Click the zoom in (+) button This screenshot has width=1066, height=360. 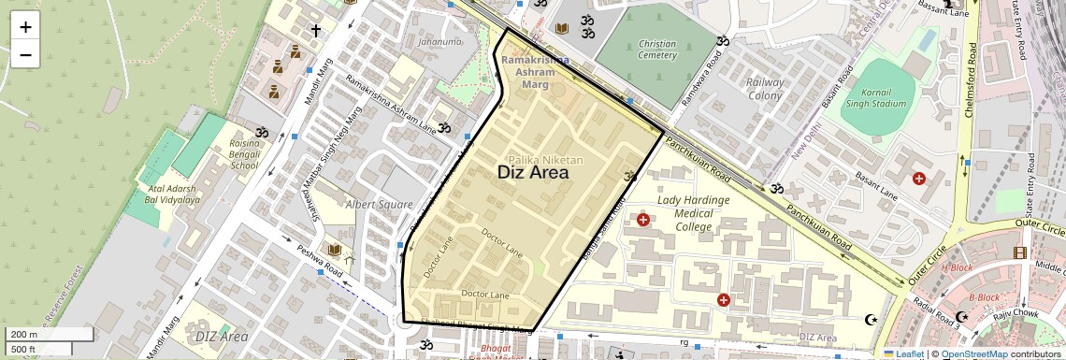(25, 27)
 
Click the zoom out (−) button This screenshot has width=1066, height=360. (25, 55)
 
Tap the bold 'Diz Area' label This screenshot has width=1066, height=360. (532, 172)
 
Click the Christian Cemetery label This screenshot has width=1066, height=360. (656, 50)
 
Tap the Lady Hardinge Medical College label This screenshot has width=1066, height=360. (693, 213)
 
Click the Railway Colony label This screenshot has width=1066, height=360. (765, 89)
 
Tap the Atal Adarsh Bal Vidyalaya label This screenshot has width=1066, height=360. (167, 194)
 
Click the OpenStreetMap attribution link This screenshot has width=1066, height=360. (973, 353)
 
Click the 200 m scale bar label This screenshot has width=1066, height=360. (24, 335)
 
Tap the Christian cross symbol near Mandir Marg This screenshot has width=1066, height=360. (316, 31)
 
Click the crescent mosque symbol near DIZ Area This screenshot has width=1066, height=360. (872, 320)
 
